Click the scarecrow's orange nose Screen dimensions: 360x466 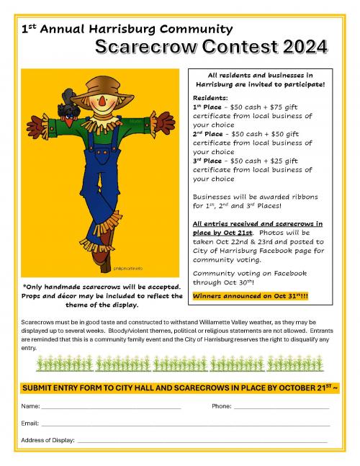(x=102, y=102)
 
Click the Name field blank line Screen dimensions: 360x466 (x=108, y=408)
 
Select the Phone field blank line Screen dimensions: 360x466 (x=281, y=408)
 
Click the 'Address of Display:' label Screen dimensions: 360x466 (x=47, y=440)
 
